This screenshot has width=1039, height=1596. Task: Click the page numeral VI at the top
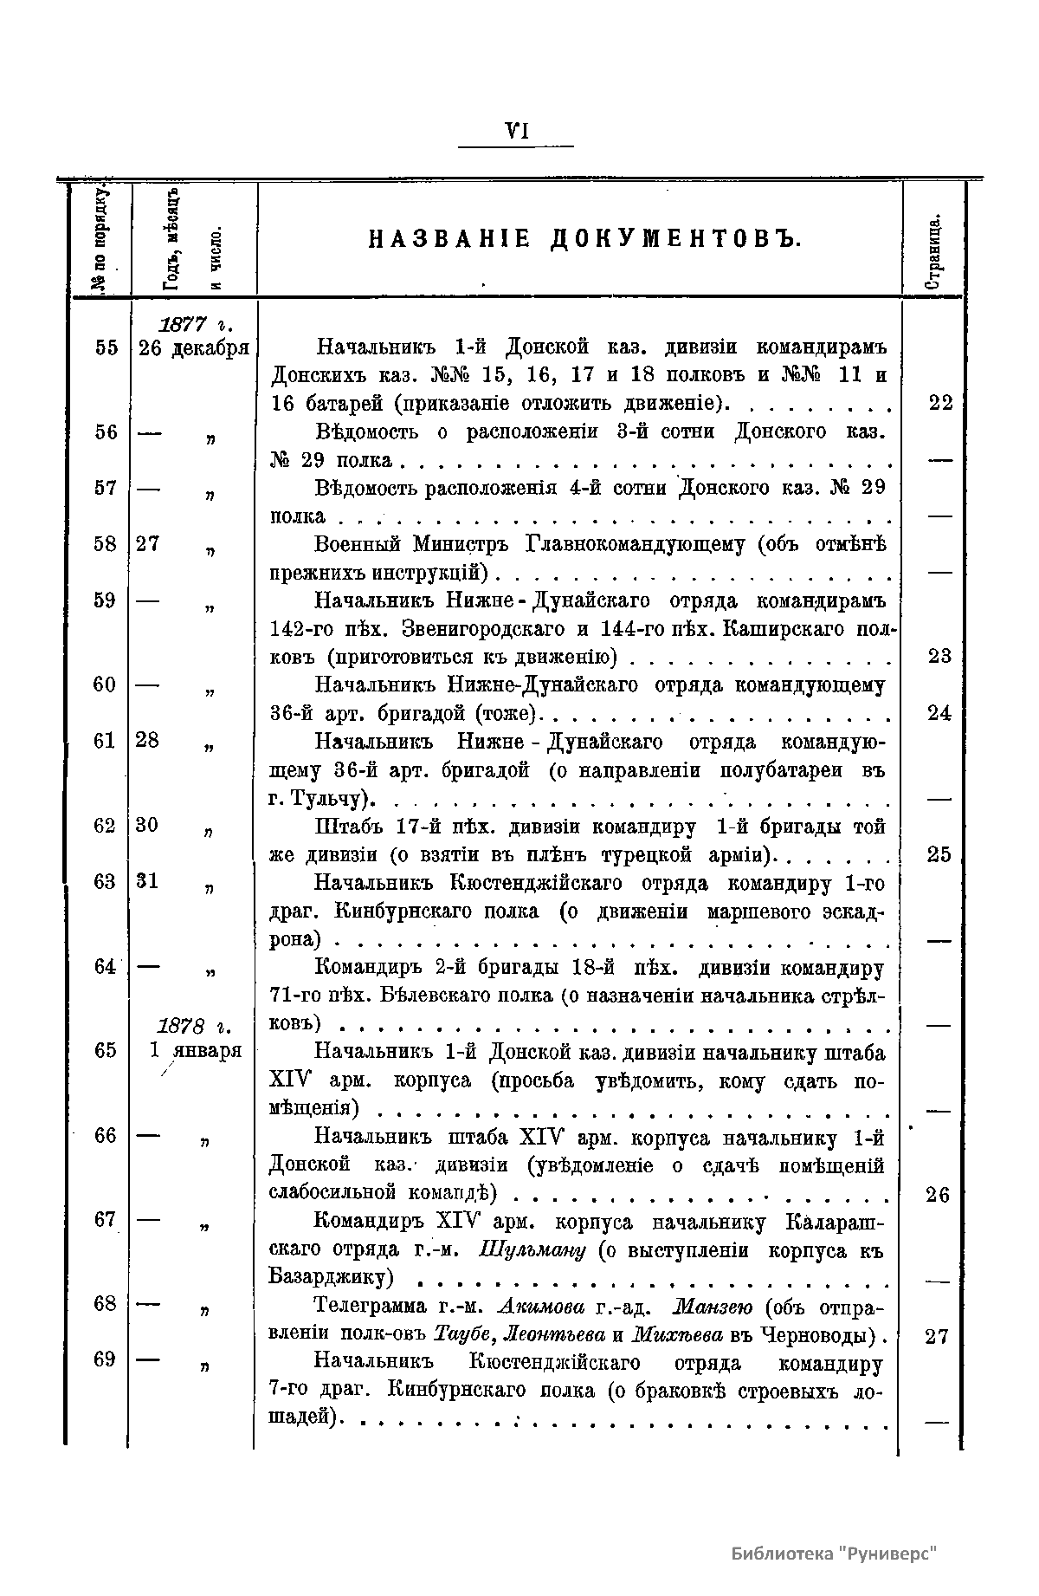(516, 131)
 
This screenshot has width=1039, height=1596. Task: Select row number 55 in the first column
(106, 348)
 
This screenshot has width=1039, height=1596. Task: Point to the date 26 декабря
(193, 348)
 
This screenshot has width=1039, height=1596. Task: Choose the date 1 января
(195, 1051)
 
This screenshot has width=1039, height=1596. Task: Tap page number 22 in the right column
(939, 404)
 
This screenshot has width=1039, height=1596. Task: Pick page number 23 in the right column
(939, 657)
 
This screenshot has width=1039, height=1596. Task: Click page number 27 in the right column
(938, 1337)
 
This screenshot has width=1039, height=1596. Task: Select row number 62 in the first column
(106, 826)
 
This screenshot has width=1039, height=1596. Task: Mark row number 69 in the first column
(105, 1359)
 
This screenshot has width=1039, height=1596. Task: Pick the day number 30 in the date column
(147, 826)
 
